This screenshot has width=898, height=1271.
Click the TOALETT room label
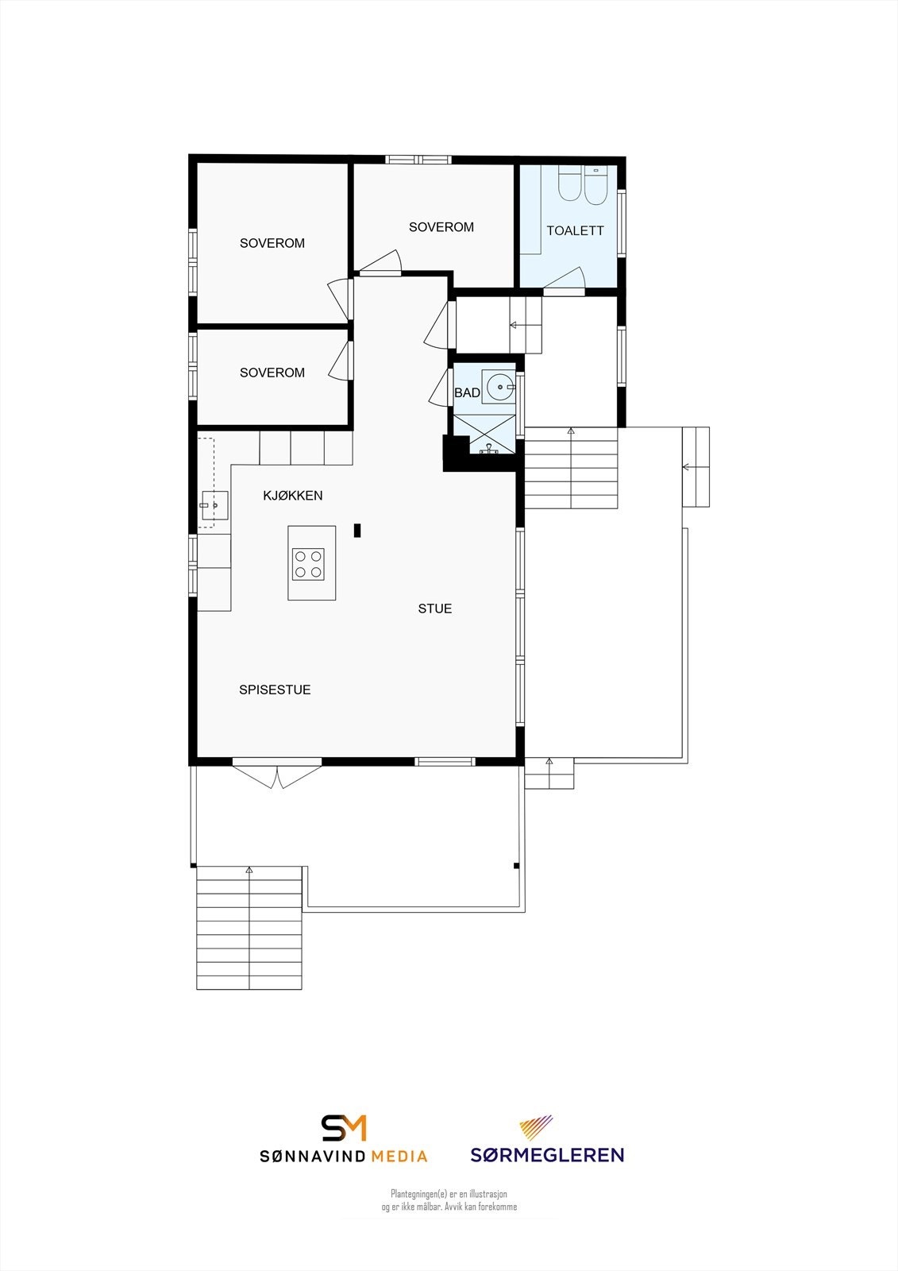575,230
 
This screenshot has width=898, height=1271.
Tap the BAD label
467,392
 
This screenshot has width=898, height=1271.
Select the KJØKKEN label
293,496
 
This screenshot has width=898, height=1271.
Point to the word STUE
435,608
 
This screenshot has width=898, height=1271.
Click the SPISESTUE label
275,690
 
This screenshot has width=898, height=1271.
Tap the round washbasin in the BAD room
499,388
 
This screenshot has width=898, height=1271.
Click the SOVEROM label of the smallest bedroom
272,373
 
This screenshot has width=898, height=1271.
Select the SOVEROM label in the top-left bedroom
272,243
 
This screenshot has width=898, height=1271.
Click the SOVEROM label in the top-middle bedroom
441,227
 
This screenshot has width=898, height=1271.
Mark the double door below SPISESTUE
277,774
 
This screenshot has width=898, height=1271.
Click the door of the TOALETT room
565,280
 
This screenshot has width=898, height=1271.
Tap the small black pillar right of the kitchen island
358,531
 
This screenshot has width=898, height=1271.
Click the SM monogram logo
344,1128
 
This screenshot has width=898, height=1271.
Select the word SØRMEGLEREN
547,1155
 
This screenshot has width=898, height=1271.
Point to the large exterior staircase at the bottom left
249,928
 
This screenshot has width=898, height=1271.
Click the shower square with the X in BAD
484,433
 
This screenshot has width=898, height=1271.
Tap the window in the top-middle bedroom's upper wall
418,160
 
